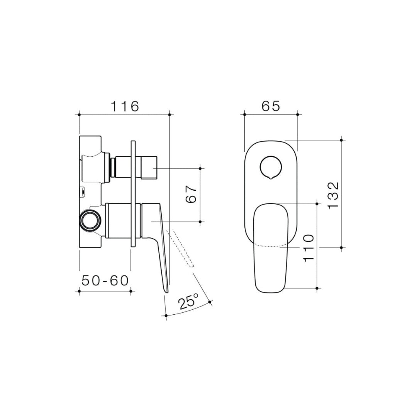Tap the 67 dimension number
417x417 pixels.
(192, 194)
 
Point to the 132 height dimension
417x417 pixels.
(332, 195)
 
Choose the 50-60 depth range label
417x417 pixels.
(105, 281)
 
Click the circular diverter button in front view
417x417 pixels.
(271, 167)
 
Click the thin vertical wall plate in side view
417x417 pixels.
(133, 193)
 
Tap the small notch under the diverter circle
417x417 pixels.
(271, 178)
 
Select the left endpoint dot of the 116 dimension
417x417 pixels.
(79, 114)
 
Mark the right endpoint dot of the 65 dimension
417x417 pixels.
(298, 114)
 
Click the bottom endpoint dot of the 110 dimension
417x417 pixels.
(317, 288)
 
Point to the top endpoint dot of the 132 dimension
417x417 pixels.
(341, 139)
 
